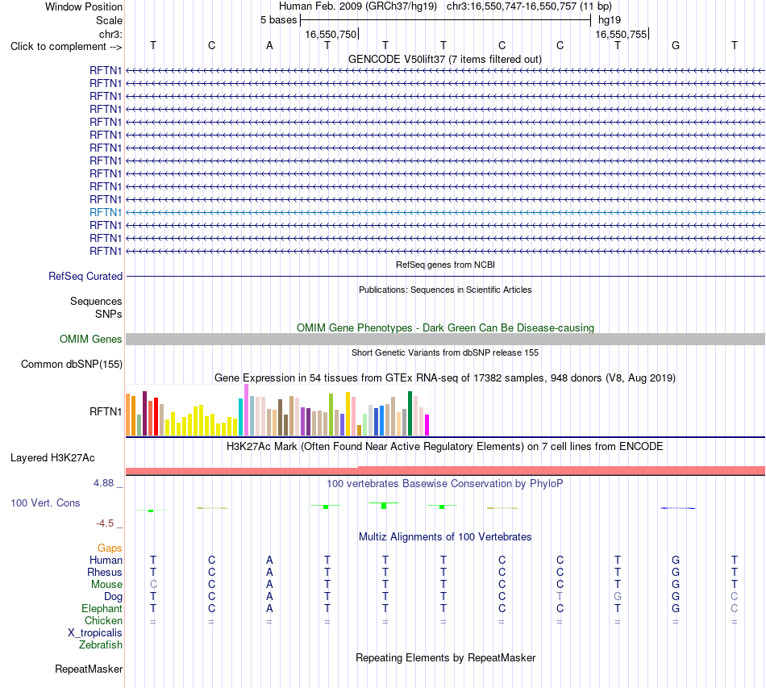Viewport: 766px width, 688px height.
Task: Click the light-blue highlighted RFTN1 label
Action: point(106,213)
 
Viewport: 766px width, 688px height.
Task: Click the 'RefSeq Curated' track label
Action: point(85,276)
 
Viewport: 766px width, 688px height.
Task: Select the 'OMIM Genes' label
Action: point(91,339)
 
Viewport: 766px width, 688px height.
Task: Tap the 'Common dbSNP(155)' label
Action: point(72,364)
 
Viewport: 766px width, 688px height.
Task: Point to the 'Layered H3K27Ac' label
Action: point(52,458)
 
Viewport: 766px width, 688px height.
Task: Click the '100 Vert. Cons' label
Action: point(45,502)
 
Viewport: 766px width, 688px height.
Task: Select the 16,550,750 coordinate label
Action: point(331,34)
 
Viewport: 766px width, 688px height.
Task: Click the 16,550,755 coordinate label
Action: point(621,34)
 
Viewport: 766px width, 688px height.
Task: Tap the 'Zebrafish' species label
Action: point(101,645)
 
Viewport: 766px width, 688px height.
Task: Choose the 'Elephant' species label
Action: point(102,609)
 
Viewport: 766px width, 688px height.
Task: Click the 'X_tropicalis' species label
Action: point(95,633)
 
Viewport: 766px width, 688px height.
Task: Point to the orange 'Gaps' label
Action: point(110,548)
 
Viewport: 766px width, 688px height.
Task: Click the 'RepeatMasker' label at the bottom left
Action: point(89,669)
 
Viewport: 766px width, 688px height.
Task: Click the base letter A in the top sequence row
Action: point(269,46)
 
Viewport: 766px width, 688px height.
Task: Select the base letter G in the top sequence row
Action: point(676,46)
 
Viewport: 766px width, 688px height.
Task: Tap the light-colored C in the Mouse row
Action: point(153,585)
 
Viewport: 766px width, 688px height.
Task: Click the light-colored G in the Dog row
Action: point(618,597)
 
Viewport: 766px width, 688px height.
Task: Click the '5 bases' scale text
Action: point(278,20)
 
